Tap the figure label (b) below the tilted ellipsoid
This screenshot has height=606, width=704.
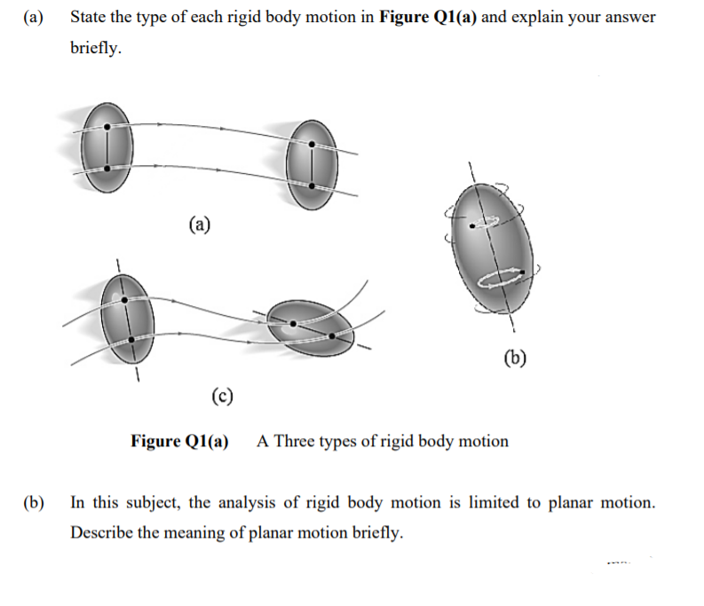coord(514,358)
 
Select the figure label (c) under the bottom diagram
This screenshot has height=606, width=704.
coord(222,396)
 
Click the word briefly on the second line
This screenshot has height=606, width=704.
coord(96,47)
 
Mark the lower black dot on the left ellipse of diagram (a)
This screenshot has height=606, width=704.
coord(107,167)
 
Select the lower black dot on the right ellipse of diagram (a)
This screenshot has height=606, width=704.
coord(312,184)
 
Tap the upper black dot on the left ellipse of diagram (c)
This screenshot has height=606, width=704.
coord(124,300)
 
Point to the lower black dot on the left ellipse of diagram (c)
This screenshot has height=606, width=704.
coord(131,339)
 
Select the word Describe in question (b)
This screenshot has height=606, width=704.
coord(100,533)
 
